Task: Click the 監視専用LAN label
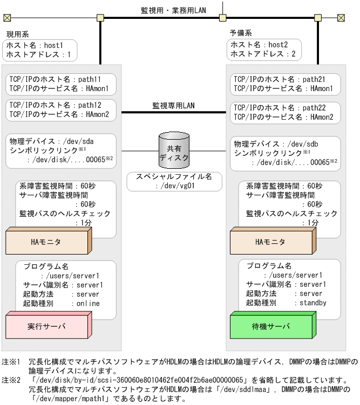click(174, 106)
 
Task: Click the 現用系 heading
click(18, 34)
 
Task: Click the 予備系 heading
click(240, 34)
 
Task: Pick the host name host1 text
click(53, 45)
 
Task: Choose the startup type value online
click(86, 304)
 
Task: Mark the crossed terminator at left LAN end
click(7, 17)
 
